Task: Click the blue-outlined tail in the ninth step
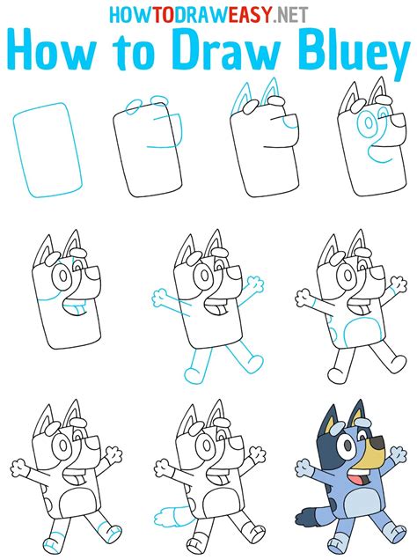point(162,517)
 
